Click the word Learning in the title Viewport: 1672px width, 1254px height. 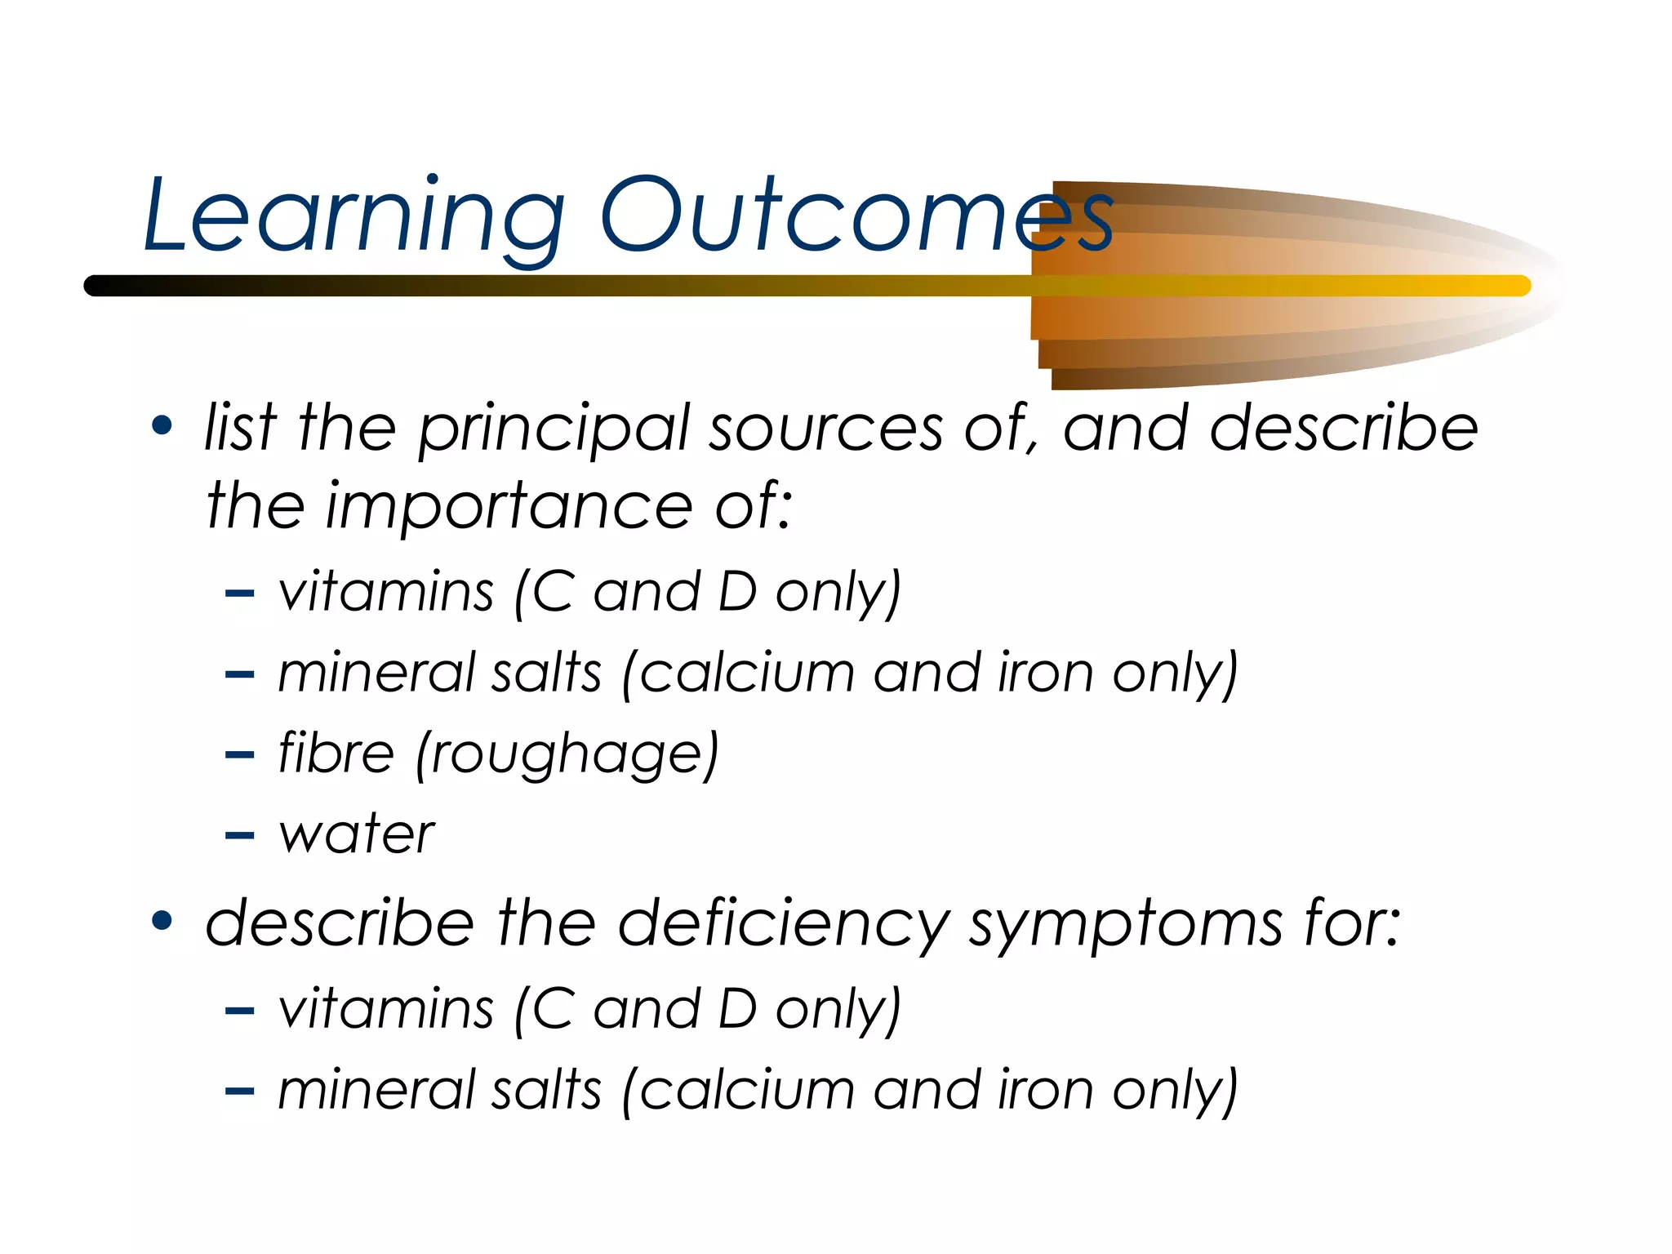(353, 216)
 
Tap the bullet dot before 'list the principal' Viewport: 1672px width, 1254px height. (162, 425)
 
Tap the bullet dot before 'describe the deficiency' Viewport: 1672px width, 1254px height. (162, 920)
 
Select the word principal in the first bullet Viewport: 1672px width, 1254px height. (554, 430)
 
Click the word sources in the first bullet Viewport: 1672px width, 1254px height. (825, 430)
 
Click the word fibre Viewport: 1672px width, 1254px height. (336, 752)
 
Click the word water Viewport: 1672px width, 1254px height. (357, 834)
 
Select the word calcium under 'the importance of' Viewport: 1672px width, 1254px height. (746, 674)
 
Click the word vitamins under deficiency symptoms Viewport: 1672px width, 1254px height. (385, 1009)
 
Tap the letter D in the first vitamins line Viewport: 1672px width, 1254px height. (737, 591)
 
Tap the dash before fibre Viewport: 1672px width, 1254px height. (239, 755)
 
